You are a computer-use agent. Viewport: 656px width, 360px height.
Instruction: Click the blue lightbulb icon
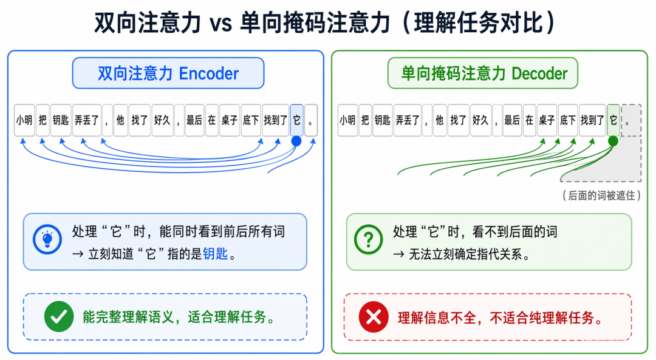tap(47, 240)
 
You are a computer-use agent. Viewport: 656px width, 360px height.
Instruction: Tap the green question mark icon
tap(368, 240)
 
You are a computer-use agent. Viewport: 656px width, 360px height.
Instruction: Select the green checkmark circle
tap(59, 316)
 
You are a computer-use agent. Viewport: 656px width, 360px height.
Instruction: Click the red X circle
tap(374, 317)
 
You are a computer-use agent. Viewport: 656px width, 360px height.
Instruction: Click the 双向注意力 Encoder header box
tap(168, 73)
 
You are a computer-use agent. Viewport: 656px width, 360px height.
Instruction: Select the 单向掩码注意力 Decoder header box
tap(483, 73)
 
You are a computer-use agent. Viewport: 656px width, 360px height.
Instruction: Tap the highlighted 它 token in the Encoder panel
tap(296, 120)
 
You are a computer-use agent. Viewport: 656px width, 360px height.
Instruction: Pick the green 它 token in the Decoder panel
tap(613, 120)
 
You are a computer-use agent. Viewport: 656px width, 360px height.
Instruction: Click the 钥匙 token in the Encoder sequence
tap(61, 120)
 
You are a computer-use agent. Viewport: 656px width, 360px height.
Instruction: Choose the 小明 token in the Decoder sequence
tap(347, 120)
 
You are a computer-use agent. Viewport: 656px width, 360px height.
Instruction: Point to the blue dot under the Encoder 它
tap(296, 141)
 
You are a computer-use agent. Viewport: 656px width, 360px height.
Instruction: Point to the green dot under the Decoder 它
tap(613, 141)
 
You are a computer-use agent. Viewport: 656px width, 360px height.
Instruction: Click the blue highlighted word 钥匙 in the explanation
tap(215, 254)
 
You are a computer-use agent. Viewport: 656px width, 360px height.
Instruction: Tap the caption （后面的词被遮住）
tap(601, 195)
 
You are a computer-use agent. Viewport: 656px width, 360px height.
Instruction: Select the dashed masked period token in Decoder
tap(631, 120)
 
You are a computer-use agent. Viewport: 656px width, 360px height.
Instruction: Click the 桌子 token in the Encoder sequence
tap(230, 120)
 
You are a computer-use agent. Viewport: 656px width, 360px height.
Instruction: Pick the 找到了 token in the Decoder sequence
tap(592, 120)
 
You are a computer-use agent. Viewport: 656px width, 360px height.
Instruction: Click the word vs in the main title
tap(220, 23)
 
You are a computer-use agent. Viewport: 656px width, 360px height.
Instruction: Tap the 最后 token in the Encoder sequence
tap(194, 120)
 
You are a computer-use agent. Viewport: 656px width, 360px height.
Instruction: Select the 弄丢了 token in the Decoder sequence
tap(408, 120)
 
